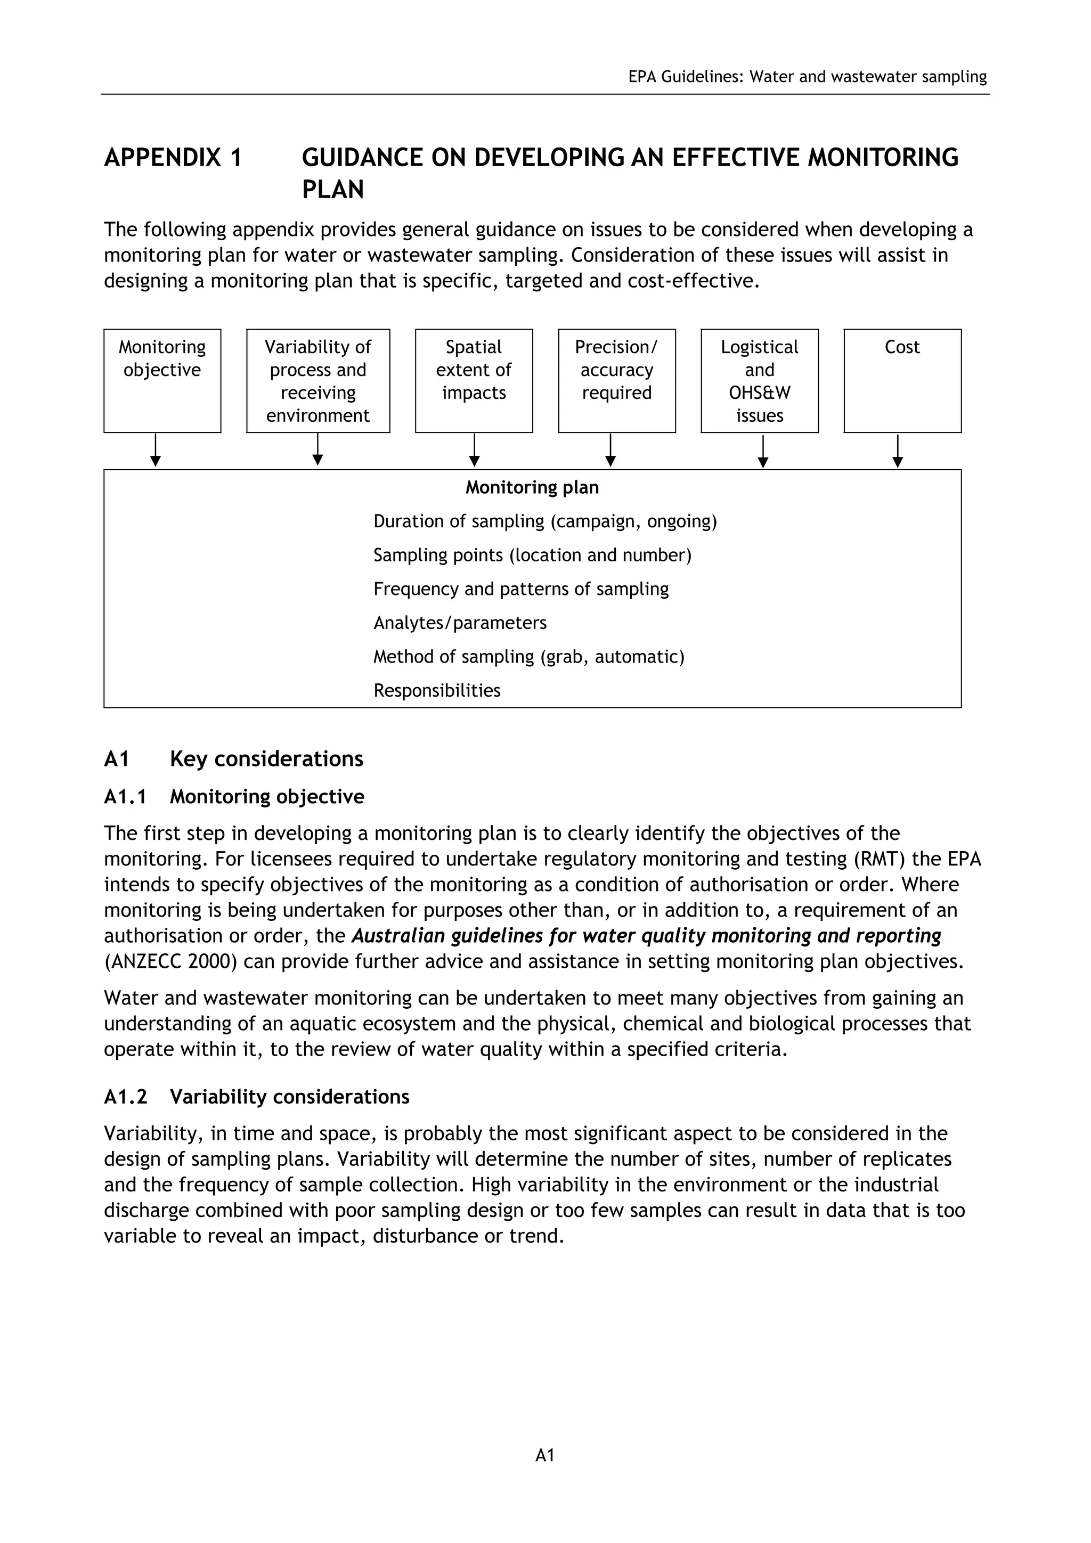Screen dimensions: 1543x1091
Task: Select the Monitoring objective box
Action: point(162,380)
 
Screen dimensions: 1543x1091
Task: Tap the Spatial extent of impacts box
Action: point(474,380)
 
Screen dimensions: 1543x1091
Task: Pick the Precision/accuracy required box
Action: point(616,380)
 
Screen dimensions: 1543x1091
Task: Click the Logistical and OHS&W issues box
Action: point(760,380)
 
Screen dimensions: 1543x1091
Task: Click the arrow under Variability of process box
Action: point(318,450)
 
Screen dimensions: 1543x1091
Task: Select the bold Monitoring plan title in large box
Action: point(532,487)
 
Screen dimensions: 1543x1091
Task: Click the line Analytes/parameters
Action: point(460,623)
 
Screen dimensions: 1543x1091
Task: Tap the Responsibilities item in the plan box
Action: point(437,691)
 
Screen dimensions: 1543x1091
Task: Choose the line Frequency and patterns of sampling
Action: point(521,590)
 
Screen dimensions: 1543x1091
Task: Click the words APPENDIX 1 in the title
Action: point(173,158)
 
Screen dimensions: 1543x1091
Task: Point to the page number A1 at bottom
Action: point(545,1456)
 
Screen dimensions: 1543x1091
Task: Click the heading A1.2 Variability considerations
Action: point(256,1097)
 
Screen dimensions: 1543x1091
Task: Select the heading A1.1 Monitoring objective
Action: point(234,796)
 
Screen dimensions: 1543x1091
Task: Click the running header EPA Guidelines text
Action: point(807,77)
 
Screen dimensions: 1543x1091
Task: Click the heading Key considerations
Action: point(266,759)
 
